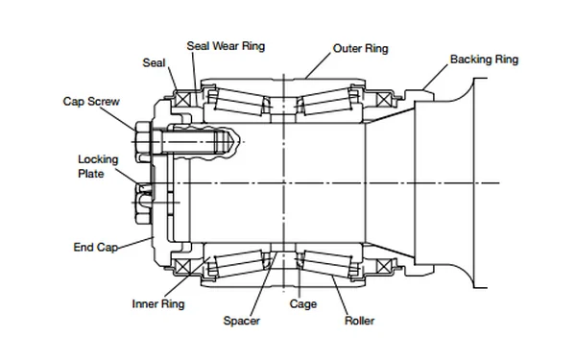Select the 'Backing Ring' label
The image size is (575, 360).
tap(484, 60)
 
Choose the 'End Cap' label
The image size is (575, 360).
tap(96, 247)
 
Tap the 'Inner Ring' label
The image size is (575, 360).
tap(157, 304)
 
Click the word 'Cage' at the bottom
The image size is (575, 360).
tap(302, 304)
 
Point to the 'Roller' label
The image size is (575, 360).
tap(359, 320)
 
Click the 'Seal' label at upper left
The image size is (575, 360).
tap(155, 62)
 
